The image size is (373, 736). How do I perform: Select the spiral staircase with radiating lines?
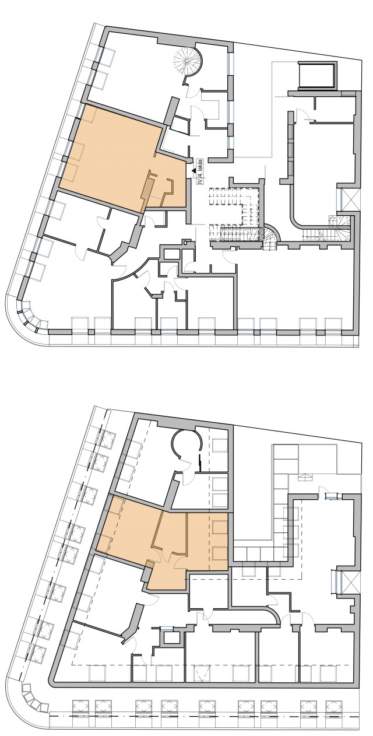[186, 61]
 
